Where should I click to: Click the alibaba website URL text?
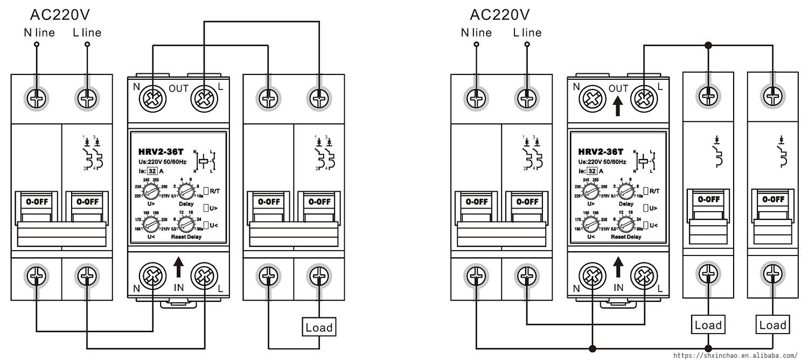736,356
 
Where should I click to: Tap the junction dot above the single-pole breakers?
708,45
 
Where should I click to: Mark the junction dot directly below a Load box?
708,348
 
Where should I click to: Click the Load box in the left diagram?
319,327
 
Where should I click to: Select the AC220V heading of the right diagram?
499,14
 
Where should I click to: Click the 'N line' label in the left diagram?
39,32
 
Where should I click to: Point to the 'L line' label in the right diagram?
527,32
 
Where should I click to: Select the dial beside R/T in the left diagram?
186,190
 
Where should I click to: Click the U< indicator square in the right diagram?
645,225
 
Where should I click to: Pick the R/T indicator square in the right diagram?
645,190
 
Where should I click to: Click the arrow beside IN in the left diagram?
179,266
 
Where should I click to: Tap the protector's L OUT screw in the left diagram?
204,99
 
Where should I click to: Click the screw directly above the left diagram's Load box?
319,276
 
